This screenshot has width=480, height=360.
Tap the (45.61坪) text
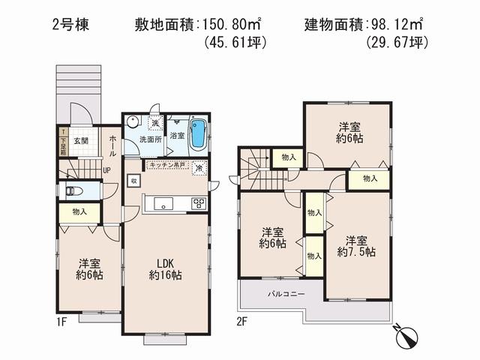coord(235,43)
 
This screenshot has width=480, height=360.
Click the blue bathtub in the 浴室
coord(198,134)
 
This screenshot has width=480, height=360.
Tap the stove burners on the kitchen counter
coord(199,202)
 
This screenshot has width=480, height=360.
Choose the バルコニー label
coord(286,294)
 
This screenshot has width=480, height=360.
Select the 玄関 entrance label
coord(81,140)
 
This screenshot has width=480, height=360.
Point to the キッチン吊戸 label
coord(166,165)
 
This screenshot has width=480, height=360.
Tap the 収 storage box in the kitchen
coord(133,181)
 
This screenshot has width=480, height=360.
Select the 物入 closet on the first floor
coord(79,212)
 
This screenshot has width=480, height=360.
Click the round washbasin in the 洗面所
coord(132,121)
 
